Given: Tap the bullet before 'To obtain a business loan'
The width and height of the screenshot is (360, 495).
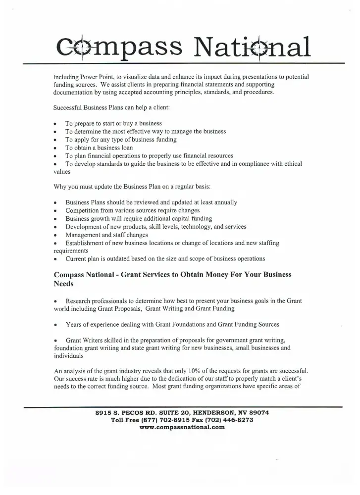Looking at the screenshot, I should point(55,148).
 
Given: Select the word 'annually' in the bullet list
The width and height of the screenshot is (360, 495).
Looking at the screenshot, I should point(224,202).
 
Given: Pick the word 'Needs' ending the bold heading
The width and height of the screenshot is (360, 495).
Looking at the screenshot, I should point(63,285).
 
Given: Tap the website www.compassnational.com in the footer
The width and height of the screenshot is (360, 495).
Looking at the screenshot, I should point(183,427).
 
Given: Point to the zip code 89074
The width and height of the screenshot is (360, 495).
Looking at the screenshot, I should point(258,412).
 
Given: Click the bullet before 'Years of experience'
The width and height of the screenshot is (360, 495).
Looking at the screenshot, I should point(55,325).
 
